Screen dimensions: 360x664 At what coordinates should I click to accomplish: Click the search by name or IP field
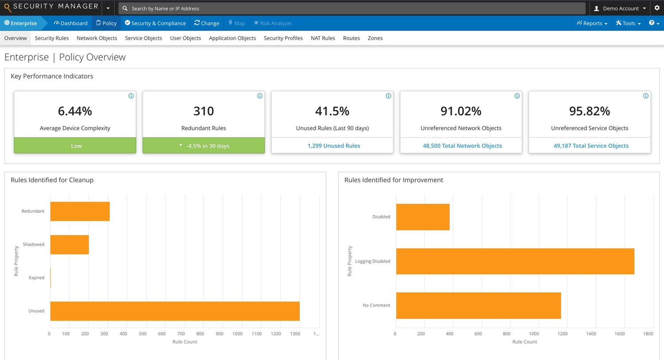pos(352,8)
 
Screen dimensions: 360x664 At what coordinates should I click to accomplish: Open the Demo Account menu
pos(620,8)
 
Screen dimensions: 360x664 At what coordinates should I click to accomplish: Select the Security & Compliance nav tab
pos(155,23)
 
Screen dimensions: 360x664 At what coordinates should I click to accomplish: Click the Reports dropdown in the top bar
pos(592,23)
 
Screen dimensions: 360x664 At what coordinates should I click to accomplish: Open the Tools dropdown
pos(628,23)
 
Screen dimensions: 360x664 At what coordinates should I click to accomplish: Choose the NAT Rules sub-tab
pos(323,38)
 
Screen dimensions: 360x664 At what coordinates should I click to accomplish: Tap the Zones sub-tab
pos(375,38)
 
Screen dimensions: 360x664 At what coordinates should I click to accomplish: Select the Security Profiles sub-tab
pos(283,38)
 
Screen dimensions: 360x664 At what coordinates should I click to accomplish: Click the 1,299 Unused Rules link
pos(334,146)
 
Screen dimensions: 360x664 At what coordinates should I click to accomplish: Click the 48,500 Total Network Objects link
pos(462,146)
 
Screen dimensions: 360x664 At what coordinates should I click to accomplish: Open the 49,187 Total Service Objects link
pos(591,146)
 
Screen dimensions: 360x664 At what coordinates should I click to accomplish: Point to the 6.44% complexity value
pos(75,111)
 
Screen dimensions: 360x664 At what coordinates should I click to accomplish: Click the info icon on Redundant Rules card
pos(260,96)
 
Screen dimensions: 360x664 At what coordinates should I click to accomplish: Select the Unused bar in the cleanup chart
pos(175,311)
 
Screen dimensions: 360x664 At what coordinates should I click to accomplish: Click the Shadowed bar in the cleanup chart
pos(69,244)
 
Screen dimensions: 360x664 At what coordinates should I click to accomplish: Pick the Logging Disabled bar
pos(515,261)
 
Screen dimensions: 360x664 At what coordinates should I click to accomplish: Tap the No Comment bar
pos(478,306)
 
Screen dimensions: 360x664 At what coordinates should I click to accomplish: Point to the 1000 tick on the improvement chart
pos(534,334)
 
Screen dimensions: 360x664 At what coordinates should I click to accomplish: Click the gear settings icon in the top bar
pos(657,8)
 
